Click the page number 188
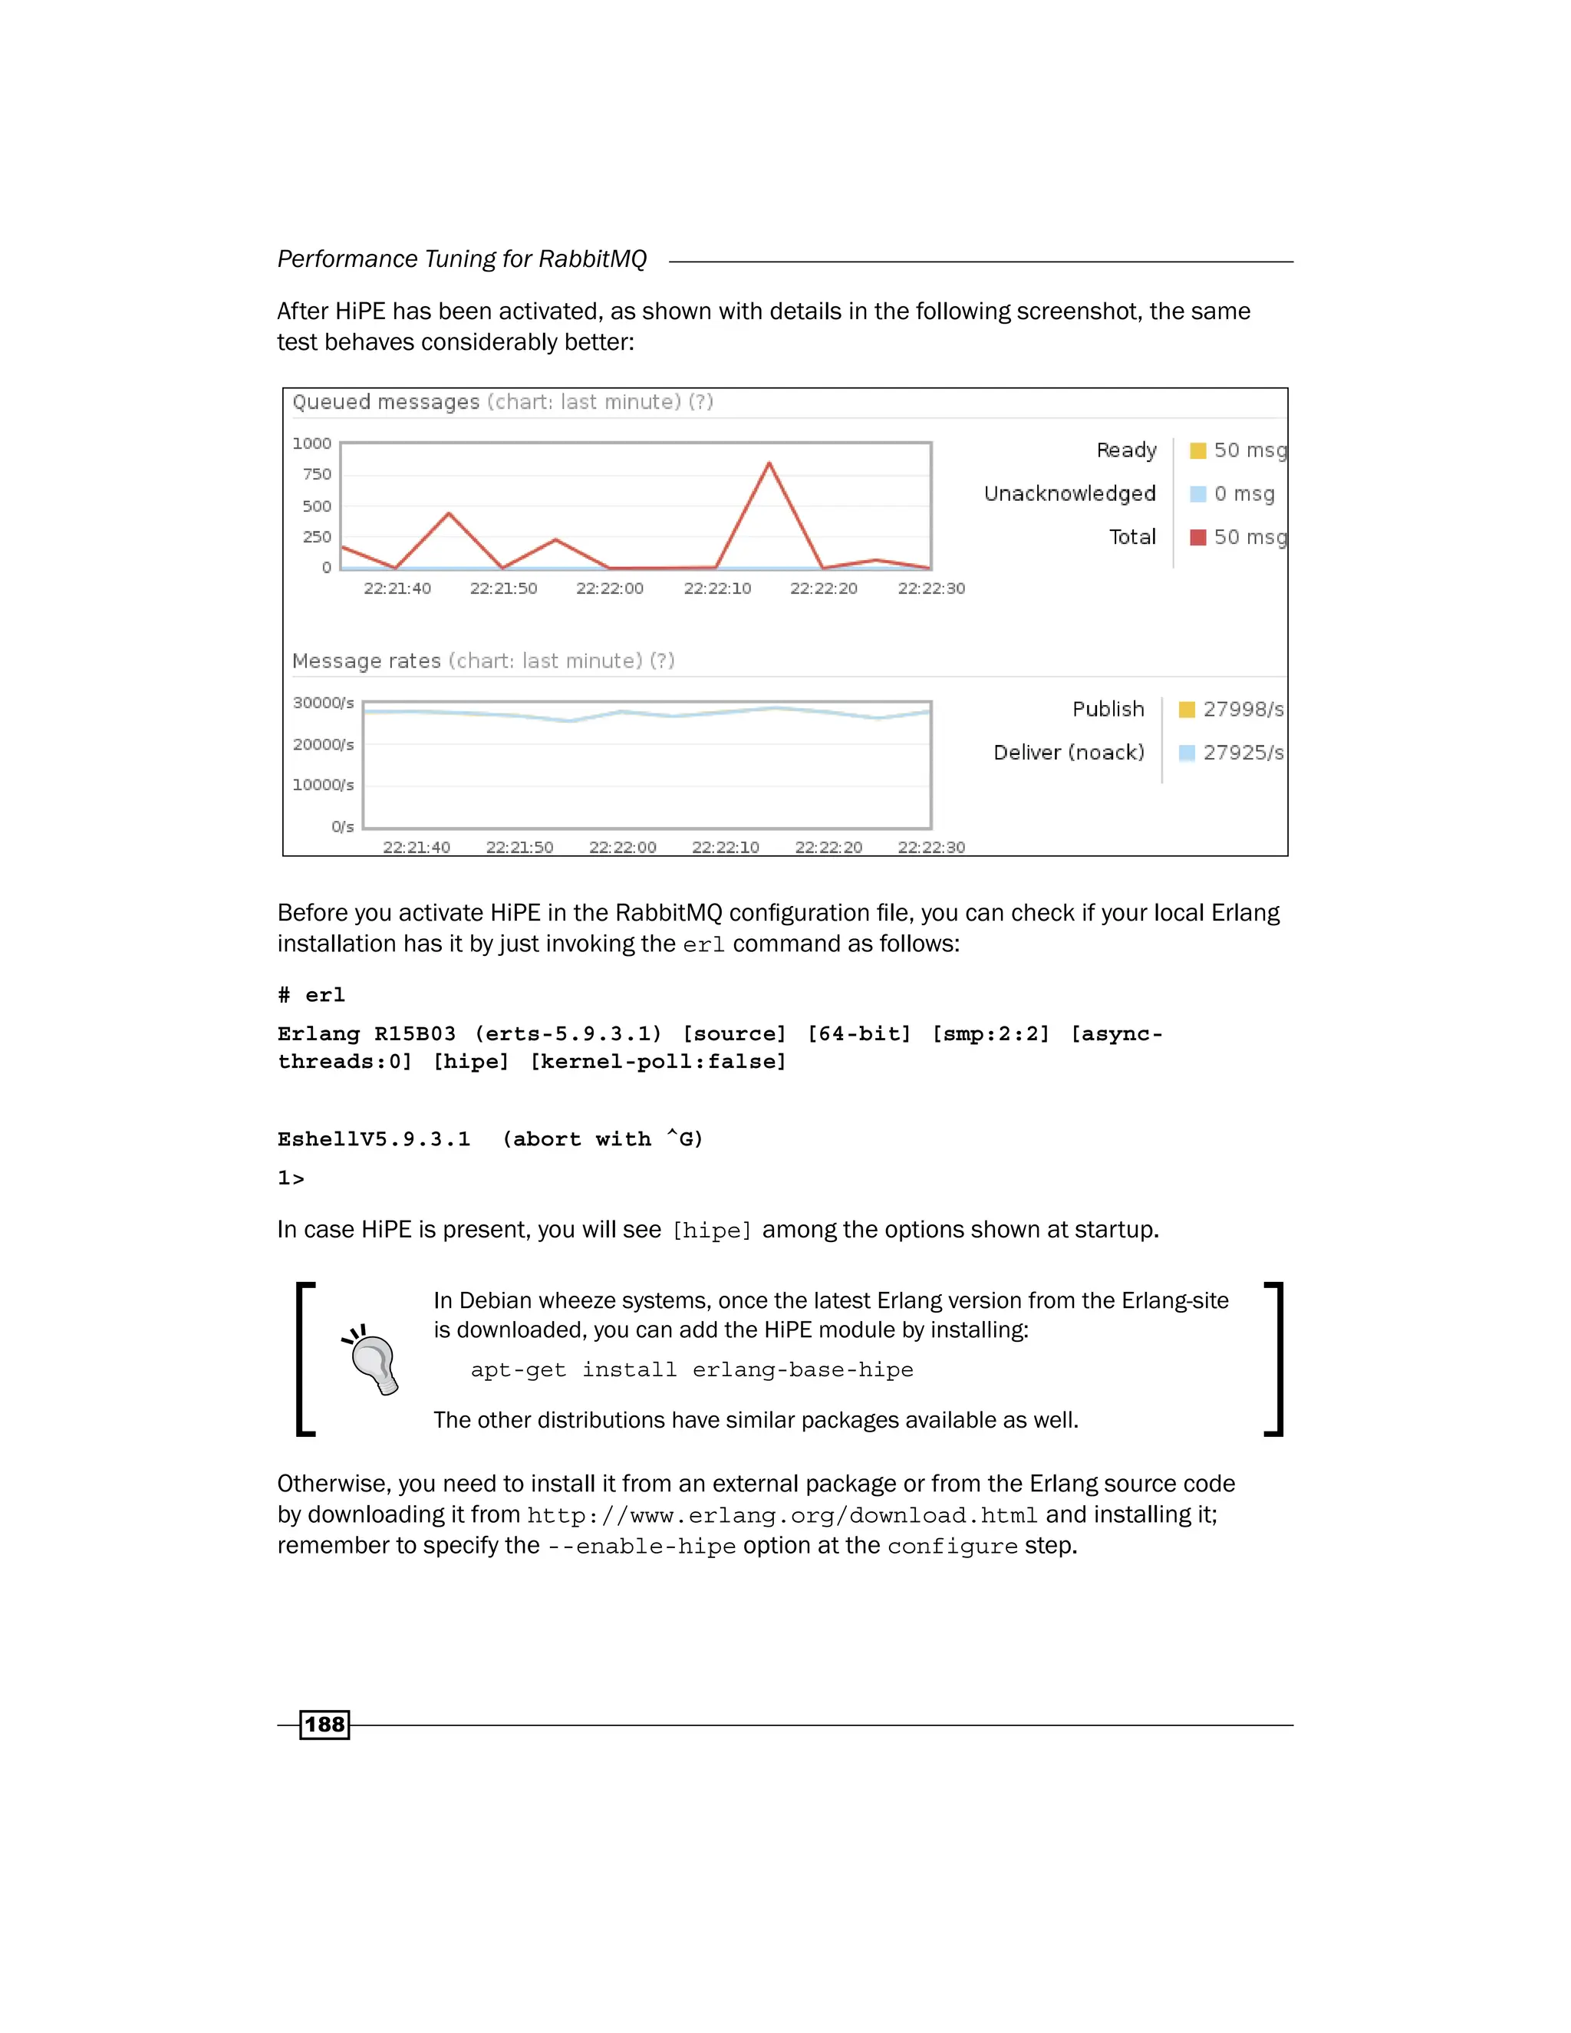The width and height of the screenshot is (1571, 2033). (x=324, y=1724)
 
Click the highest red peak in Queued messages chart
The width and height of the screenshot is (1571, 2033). (x=769, y=463)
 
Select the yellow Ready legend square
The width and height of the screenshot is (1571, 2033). (x=1197, y=450)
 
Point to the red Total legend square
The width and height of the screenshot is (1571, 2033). (x=1197, y=537)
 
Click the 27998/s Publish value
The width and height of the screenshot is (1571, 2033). (x=1243, y=710)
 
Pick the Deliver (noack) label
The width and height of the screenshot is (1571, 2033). (x=1069, y=752)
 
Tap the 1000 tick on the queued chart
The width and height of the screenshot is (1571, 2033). (x=311, y=443)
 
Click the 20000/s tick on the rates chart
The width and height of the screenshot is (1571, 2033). (x=323, y=743)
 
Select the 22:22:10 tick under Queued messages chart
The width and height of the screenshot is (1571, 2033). (x=716, y=588)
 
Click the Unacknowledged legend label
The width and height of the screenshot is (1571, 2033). (x=1069, y=493)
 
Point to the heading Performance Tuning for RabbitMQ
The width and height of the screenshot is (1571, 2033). (x=462, y=259)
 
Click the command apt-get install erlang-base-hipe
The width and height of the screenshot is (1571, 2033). (x=691, y=1369)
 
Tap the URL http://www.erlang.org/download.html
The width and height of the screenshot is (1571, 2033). (x=782, y=1515)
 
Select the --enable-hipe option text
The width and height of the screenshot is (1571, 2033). (x=641, y=1546)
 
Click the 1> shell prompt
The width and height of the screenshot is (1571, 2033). (x=291, y=1178)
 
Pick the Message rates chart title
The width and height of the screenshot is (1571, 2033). (x=366, y=661)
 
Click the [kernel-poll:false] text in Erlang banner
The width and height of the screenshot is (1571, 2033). (x=658, y=1061)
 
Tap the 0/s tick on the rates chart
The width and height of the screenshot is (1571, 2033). (x=342, y=826)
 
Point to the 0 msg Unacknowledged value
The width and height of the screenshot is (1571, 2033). (x=1243, y=493)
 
